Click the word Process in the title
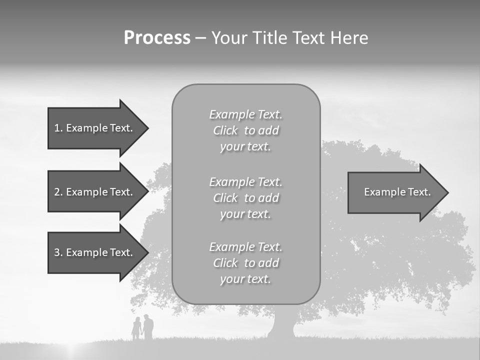click(157, 38)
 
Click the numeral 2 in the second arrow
click(57, 192)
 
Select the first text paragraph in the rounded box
click(245, 130)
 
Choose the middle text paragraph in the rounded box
click(245, 198)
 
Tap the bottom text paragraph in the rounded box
click(245, 263)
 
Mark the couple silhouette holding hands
click(142, 328)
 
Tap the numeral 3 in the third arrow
click(57, 252)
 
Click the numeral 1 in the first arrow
click(57, 128)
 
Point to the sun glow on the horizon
click(75, 350)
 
